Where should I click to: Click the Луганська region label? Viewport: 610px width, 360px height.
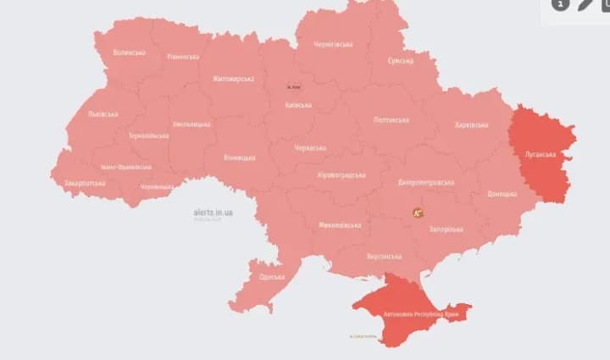point(540,155)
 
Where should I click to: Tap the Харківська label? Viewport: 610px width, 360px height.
point(471,125)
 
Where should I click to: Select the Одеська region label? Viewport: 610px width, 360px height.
point(272,277)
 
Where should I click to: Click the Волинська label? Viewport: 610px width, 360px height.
point(129,53)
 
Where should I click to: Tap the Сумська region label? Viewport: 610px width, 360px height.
point(400,61)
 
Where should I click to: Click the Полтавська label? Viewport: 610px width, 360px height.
point(391,120)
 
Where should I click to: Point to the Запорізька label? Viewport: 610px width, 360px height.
point(446,229)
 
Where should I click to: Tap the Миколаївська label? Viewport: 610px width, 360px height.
point(340,225)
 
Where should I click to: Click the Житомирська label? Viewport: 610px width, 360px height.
point(233,79)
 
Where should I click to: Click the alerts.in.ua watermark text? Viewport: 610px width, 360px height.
point(213,212)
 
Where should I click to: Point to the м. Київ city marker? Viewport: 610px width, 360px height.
point(294,86)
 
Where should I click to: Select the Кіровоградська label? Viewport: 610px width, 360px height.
point(341,174)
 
